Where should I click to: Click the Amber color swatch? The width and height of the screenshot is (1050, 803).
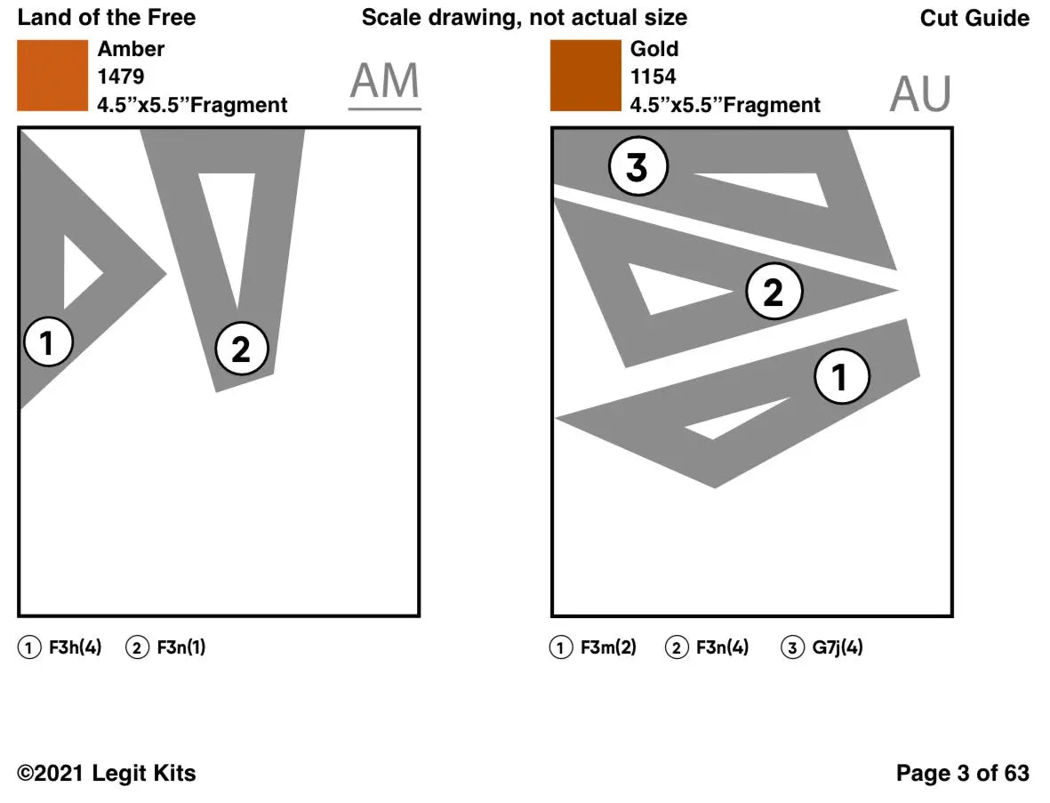52,76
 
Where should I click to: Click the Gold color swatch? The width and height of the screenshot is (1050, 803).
585,76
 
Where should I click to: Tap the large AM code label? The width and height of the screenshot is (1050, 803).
384,82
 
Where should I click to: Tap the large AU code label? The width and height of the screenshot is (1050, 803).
920,94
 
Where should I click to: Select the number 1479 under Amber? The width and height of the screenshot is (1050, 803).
121,76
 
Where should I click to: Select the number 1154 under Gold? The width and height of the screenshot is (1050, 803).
653,76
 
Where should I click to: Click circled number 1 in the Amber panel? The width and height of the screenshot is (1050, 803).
48,342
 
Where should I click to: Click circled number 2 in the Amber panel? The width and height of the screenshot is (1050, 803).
241,349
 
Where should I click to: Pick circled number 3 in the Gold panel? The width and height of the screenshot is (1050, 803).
637,167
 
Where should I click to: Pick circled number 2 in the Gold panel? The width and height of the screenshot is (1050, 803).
773,292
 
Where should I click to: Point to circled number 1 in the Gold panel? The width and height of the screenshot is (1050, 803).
842,377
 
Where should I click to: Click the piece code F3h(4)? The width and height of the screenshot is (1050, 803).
75,647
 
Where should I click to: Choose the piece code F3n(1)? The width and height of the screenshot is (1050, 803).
180,647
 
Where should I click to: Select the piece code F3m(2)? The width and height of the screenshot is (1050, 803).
608,647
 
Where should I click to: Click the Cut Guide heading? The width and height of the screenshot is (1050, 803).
974,18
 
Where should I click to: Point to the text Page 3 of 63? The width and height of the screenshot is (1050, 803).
962,773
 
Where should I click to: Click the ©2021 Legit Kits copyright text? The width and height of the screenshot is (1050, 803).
108,773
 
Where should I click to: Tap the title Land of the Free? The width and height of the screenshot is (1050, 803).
107,18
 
